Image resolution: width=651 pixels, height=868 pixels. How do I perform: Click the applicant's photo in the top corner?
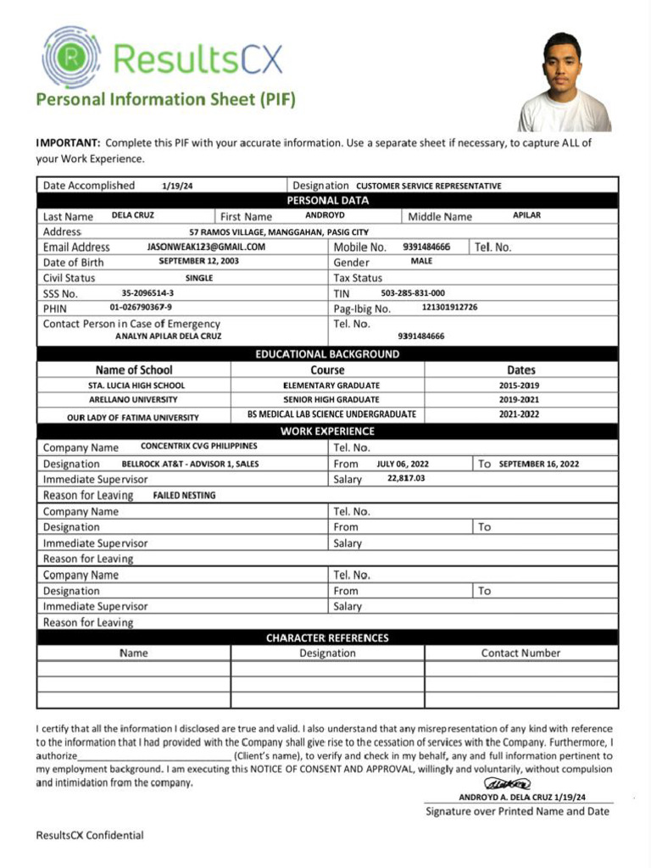coord(564,82)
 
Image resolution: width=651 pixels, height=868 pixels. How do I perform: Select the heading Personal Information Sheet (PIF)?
coord(165,99)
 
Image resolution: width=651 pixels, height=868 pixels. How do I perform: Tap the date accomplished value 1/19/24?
coord(176,186)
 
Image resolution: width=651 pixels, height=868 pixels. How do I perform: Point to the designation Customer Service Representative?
coord(428,186)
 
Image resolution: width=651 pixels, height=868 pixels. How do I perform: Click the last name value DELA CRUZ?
coord(133,215)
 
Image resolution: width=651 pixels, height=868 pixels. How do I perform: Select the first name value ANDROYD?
coord(325,215)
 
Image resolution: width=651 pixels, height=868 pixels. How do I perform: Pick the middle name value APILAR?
coord(526,215)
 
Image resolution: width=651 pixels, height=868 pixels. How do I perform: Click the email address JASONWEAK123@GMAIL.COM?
coord(206,247)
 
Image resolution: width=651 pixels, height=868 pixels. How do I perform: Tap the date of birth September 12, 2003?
coord(198,262)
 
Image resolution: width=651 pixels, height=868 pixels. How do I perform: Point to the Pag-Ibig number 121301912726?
coord(449,307)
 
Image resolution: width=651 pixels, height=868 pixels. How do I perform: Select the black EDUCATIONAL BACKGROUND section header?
coord(327,354)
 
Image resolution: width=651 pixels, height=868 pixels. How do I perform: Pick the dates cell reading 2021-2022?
coord(520,415)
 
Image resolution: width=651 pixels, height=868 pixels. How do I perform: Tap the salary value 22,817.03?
coord(406,478)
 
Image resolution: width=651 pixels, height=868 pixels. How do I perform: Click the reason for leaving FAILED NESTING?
coord(184,495)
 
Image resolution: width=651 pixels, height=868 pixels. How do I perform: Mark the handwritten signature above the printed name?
coord(507,785)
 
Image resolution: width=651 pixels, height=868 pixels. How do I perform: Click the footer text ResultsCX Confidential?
coord(90,835)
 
